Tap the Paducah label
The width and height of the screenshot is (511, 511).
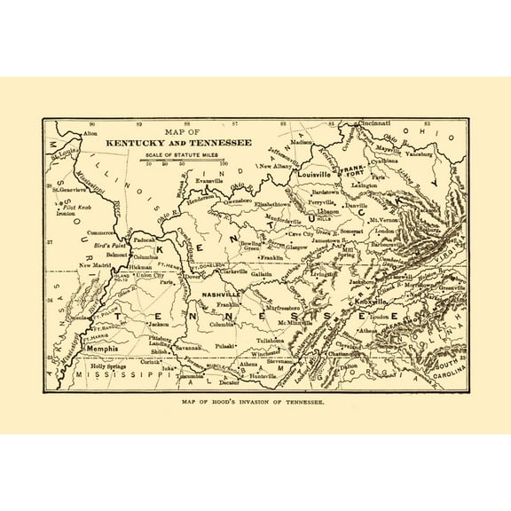coord(145,240)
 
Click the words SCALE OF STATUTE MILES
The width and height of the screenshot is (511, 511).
coord(183,154)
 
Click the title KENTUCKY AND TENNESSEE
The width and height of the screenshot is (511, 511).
coord(178,142)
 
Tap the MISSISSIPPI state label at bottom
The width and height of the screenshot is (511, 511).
coord(125,376)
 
